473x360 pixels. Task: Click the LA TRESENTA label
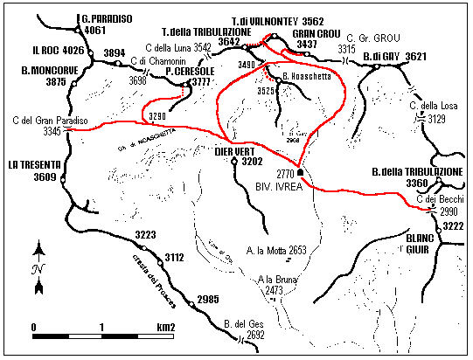[35, 163]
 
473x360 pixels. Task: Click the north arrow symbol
[38, 267]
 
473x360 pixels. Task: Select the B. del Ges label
[244, 323]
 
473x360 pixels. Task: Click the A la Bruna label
[276, 280]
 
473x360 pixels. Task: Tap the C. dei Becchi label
[435, 201]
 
